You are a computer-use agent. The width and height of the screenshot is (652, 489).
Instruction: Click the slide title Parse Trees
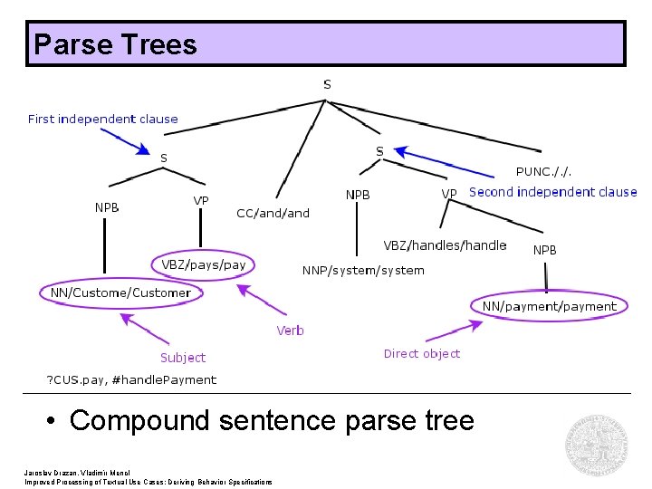pyautogui.click(x=114, y=44)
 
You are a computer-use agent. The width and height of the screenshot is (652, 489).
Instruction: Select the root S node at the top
pyautogui.click(x=327, y=84)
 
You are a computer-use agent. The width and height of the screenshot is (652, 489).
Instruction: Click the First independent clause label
pyautogui.click(x=103, y=119)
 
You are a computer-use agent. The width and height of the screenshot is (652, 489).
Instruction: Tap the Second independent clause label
pyautogui.click(x=552, y=192)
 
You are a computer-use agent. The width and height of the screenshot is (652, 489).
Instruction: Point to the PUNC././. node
pyautogui.click(x=543, y=171)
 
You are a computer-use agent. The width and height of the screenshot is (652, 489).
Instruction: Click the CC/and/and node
pyautogui.click(x=273, y=214)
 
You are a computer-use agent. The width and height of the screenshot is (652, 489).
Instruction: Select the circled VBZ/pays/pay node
pyautogui.click(x=203, y=265)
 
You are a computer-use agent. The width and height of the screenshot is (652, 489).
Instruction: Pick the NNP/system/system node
pyautogui.click(x=362, y=270)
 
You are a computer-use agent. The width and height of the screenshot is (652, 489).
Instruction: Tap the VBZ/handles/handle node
pyautogui.click(x=445, y=245)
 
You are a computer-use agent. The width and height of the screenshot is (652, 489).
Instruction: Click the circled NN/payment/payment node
pyautogui.click(x=549, y=306)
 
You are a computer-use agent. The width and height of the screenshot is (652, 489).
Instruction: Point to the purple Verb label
pyautogui.click(x=290, y=331)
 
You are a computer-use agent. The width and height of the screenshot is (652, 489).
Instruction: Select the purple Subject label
pyautogui.click(x=182, y=358)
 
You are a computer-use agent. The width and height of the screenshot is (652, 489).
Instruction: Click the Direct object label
pyautogui.click(x=421, y=353)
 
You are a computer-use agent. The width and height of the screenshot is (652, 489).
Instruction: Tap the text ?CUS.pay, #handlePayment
pyautogui.click(x=131, y=379)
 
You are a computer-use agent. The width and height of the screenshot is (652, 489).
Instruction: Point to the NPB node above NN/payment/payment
pyautogui.click(x=544, y=250)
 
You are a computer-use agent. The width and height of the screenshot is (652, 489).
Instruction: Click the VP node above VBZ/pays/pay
pyautogui.click(x=201, y=200)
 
